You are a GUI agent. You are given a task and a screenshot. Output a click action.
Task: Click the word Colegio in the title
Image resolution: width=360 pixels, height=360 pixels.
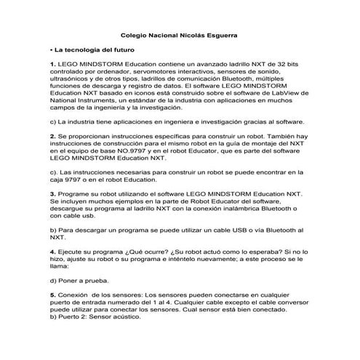click(x=134, y=35)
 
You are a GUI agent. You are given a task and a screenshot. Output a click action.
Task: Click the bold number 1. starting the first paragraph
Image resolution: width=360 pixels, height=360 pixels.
click(x=53, y=65)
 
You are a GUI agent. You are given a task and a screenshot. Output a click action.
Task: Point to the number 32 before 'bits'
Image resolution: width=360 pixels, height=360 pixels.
click(x=274, y=65)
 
